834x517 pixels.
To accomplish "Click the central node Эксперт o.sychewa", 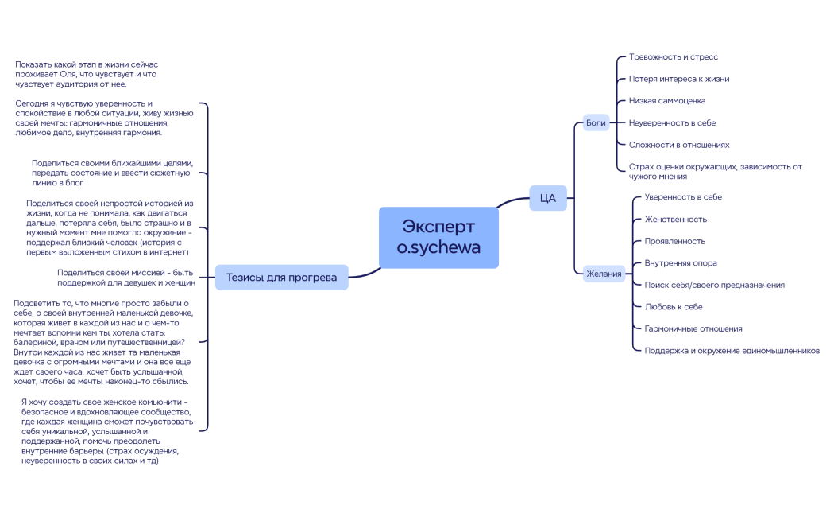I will pyautogui.click(x=438, y=237).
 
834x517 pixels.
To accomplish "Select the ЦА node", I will pyautogui.click(x=547, y=198).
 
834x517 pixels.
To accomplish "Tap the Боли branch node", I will pyautogui.click(x=596, y=123).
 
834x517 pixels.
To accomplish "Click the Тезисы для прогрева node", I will pyautogui.click(x=281, y=278).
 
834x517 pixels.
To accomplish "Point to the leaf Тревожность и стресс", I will pyautogui.click(x=674, y=57).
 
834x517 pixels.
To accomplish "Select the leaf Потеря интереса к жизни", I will pyautogui.click(x=678, y=79).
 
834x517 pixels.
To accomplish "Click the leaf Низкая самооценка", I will pyautogui.click(x=666, y=101).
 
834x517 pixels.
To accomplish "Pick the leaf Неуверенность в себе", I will pyautogui.click(x=672, y=123).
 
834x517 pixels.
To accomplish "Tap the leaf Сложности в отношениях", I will pyautogui.click(x=679, y=145).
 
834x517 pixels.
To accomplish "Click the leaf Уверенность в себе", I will pyautogui.click(x=683, y=197).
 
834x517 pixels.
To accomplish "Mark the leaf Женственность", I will pyautogui.click(x=675, y=220).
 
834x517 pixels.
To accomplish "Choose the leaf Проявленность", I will pyautogui.click(x=674, y=241).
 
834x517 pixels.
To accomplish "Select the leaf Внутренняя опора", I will pyautogui.click(x=680, y=263).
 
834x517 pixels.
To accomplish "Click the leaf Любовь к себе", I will pyautogui.click(x=673, y=307).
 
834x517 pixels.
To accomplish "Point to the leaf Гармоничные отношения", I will pyautogui.click(x=693, y=328).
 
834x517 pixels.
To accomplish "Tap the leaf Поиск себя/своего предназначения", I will pyautogui.click(x=714, y=285).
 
